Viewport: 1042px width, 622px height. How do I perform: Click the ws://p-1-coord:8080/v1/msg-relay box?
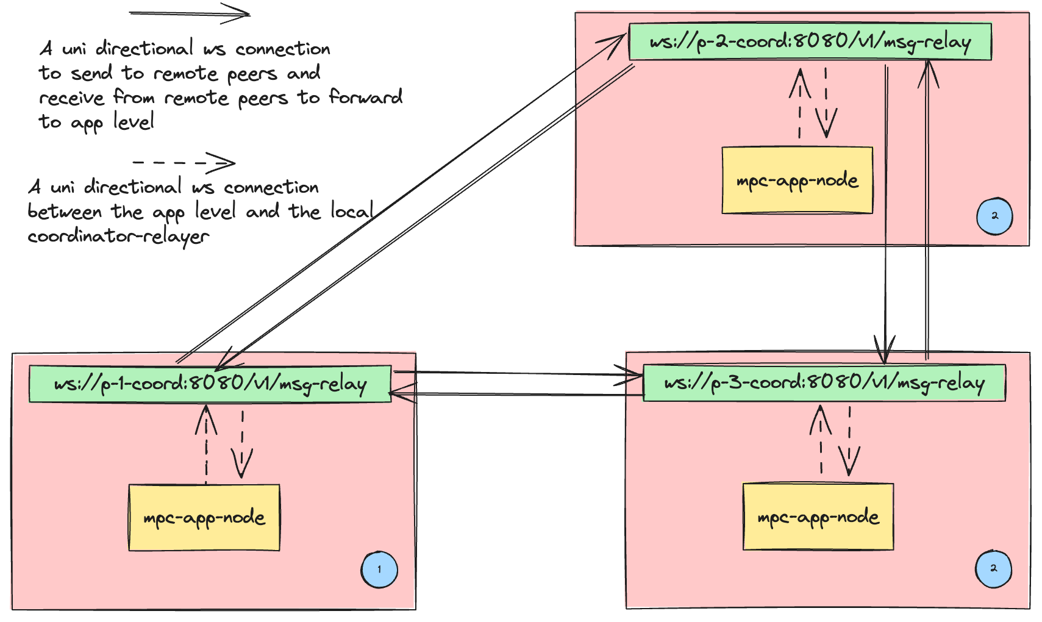(210, 384)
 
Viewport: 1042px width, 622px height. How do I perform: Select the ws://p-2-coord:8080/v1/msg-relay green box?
(810, 42)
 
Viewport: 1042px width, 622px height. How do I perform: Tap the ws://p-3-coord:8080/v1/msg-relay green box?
(824, 383)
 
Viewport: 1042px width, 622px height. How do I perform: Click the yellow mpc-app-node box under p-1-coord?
(204, 518)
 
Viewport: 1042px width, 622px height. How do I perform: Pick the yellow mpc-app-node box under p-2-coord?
(797, 181)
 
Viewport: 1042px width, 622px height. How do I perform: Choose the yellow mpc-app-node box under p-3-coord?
(818, 517)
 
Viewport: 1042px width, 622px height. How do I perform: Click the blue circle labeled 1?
(379, 570)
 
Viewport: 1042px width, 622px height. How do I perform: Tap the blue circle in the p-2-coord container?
(994, 216)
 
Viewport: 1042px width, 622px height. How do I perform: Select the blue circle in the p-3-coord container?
(993, 569)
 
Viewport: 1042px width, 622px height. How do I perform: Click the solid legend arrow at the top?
(190, 13)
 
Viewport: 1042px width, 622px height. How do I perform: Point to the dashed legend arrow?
(184, 163)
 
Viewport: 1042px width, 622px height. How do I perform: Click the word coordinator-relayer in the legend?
(118, 237)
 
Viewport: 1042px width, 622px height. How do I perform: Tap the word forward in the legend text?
(365, 97)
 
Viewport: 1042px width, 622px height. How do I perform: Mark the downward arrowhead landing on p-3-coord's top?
(885, 352)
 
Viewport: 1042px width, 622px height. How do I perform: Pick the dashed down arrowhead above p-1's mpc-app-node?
(242, 465)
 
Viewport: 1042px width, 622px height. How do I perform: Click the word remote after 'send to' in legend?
(185, 74)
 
